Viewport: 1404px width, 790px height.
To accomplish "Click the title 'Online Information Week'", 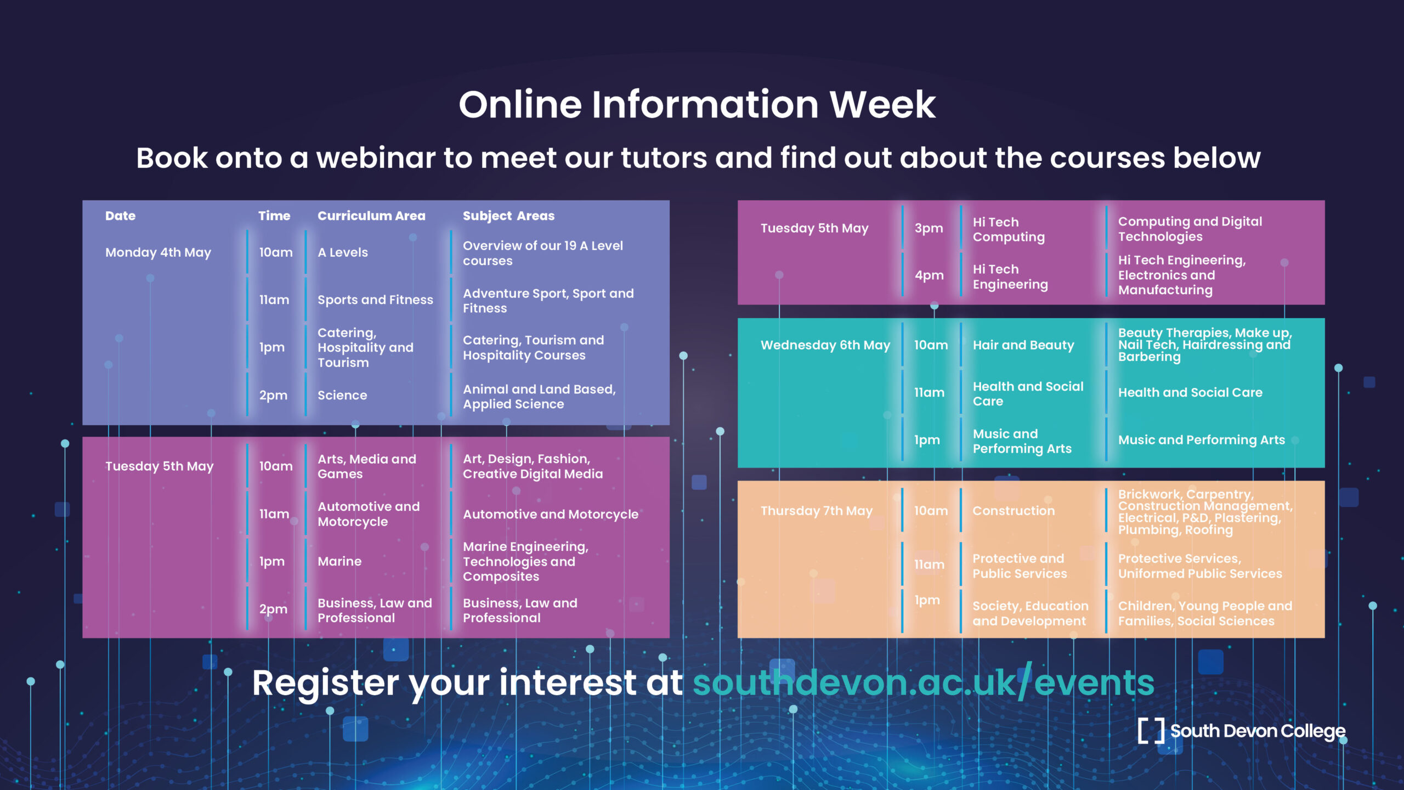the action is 697,104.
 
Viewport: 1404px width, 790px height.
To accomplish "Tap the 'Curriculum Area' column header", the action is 371,216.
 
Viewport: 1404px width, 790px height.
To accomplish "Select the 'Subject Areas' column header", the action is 508,216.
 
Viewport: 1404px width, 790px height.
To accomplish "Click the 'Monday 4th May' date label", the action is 158,252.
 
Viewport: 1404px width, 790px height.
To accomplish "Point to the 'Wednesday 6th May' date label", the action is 825,345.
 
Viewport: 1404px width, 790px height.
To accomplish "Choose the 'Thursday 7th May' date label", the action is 816,511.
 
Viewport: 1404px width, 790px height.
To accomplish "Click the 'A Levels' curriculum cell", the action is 343,252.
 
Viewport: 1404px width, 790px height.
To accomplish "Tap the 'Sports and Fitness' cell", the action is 375,300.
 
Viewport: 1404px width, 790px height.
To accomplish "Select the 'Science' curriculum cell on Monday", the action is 342,395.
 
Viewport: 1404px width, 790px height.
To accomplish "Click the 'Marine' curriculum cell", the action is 339,561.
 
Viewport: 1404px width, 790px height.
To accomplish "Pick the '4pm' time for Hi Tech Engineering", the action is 929,275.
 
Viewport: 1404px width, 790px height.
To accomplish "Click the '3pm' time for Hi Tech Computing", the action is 929,228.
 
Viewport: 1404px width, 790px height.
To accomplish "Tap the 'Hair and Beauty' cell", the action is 1023,345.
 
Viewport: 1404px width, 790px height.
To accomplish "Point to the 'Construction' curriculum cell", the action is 1014,511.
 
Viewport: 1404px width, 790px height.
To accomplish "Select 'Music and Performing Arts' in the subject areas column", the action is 1201,440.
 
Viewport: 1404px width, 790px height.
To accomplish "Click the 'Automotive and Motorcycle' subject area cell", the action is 551,514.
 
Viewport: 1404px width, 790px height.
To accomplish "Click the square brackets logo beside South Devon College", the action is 1151,731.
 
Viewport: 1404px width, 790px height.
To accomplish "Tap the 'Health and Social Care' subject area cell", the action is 1190,392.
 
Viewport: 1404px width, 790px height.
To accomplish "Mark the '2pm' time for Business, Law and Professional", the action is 273,609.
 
